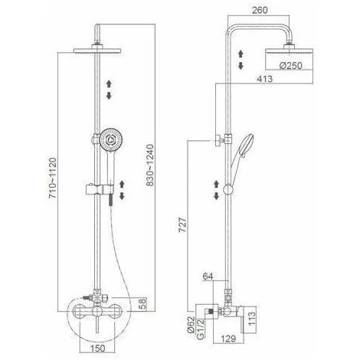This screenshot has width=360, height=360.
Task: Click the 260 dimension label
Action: click(x=260, y=10)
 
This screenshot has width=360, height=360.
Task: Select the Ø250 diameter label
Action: click(x=290, y=66)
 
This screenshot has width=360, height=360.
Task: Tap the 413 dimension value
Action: click(x=265, y=79)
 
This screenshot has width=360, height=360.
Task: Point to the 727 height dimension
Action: click(x=183, y=224)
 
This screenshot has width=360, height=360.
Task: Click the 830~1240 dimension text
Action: click(x=150, y=165)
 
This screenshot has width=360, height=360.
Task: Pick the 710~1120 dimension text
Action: click(x=53, y=178)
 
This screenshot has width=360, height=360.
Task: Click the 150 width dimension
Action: click(x=97, y=348)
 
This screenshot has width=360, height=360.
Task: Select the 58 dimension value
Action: click(x=143, y=303)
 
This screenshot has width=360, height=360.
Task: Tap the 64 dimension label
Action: click(x=208, y=276)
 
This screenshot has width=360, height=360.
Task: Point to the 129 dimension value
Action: click(x=228, y=339)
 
